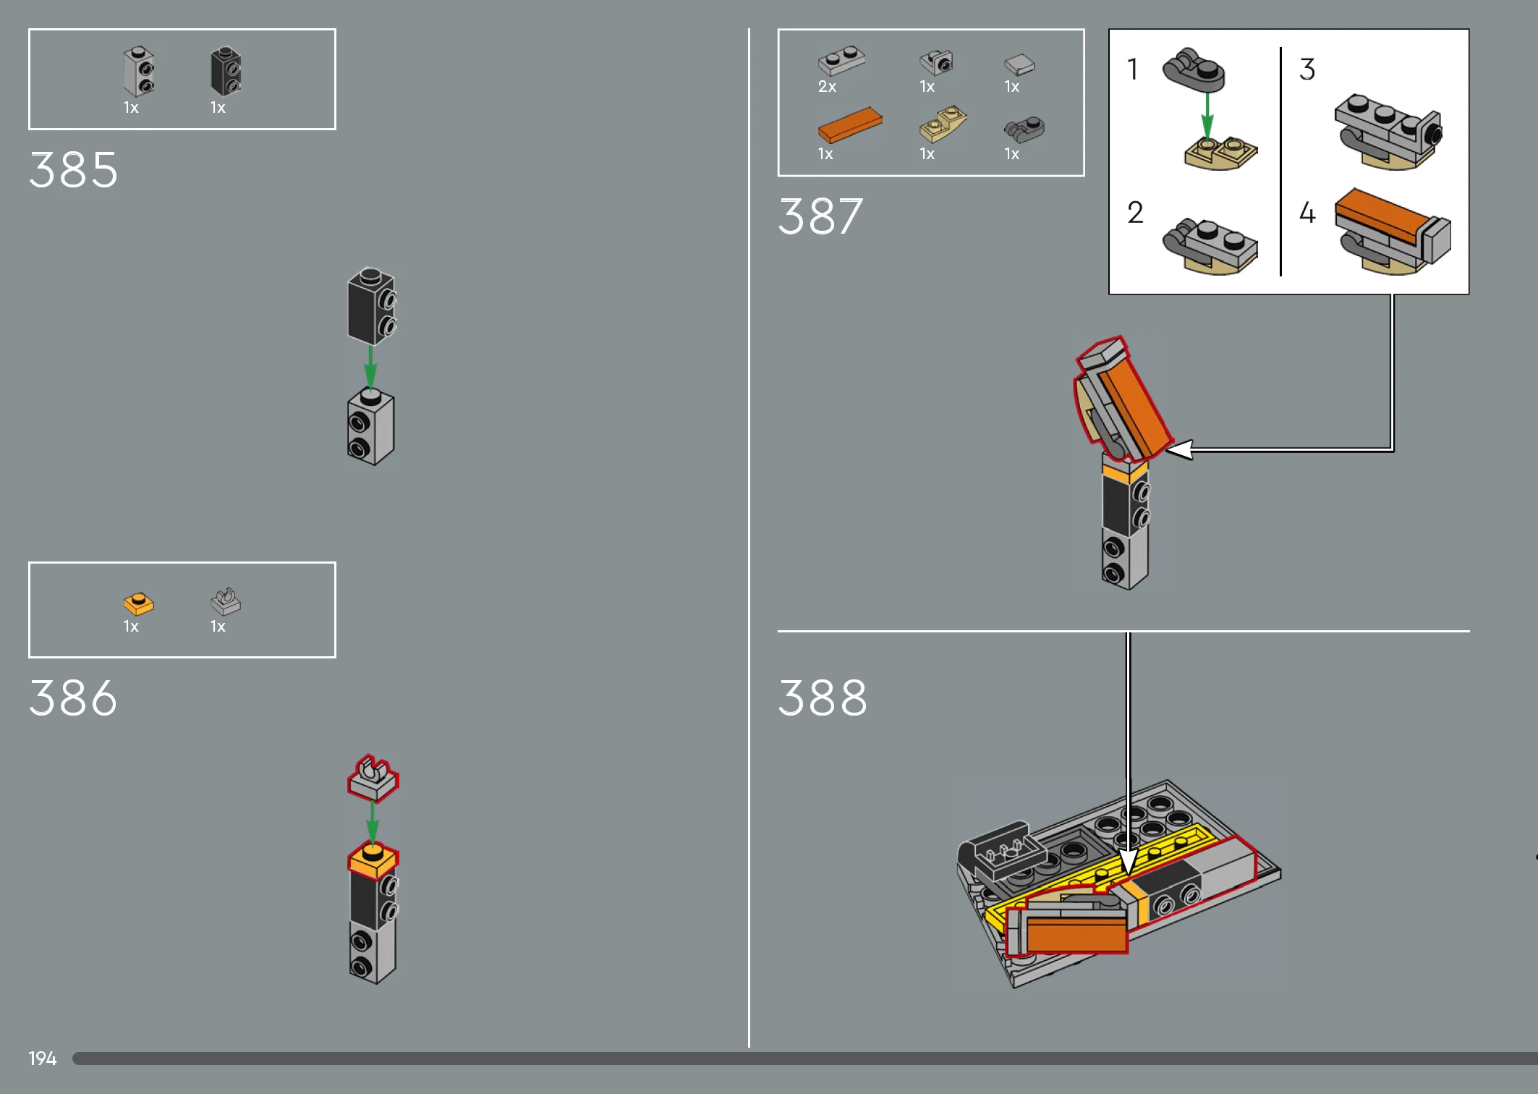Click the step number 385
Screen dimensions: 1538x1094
click(73, 170)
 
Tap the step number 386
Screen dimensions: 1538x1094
click(73, 698)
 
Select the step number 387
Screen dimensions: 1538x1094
click(821, 216)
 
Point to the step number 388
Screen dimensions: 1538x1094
click(823, 698)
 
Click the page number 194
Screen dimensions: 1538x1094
click(42, 1059)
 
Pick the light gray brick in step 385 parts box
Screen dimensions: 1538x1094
click(138, 72)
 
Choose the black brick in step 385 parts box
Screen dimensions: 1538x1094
click(226, 71)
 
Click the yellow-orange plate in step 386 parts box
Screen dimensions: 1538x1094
click(138, 603)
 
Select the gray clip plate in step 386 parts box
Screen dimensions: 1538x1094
click(226, 601)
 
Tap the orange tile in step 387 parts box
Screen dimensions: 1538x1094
click(850, 125)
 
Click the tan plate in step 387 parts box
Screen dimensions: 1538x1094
click(943, 124)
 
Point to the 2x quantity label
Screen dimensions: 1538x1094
click(827, 87)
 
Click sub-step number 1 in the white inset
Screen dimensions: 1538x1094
click(1132, 69)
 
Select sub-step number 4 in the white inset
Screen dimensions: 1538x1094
click(1307, 212)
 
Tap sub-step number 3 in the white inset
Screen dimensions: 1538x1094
click(1307, 69)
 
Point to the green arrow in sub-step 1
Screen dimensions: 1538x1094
click(1207, 116)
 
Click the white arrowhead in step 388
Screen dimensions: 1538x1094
click(1128, 862)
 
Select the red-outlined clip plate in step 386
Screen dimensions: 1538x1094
click(373, 779)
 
